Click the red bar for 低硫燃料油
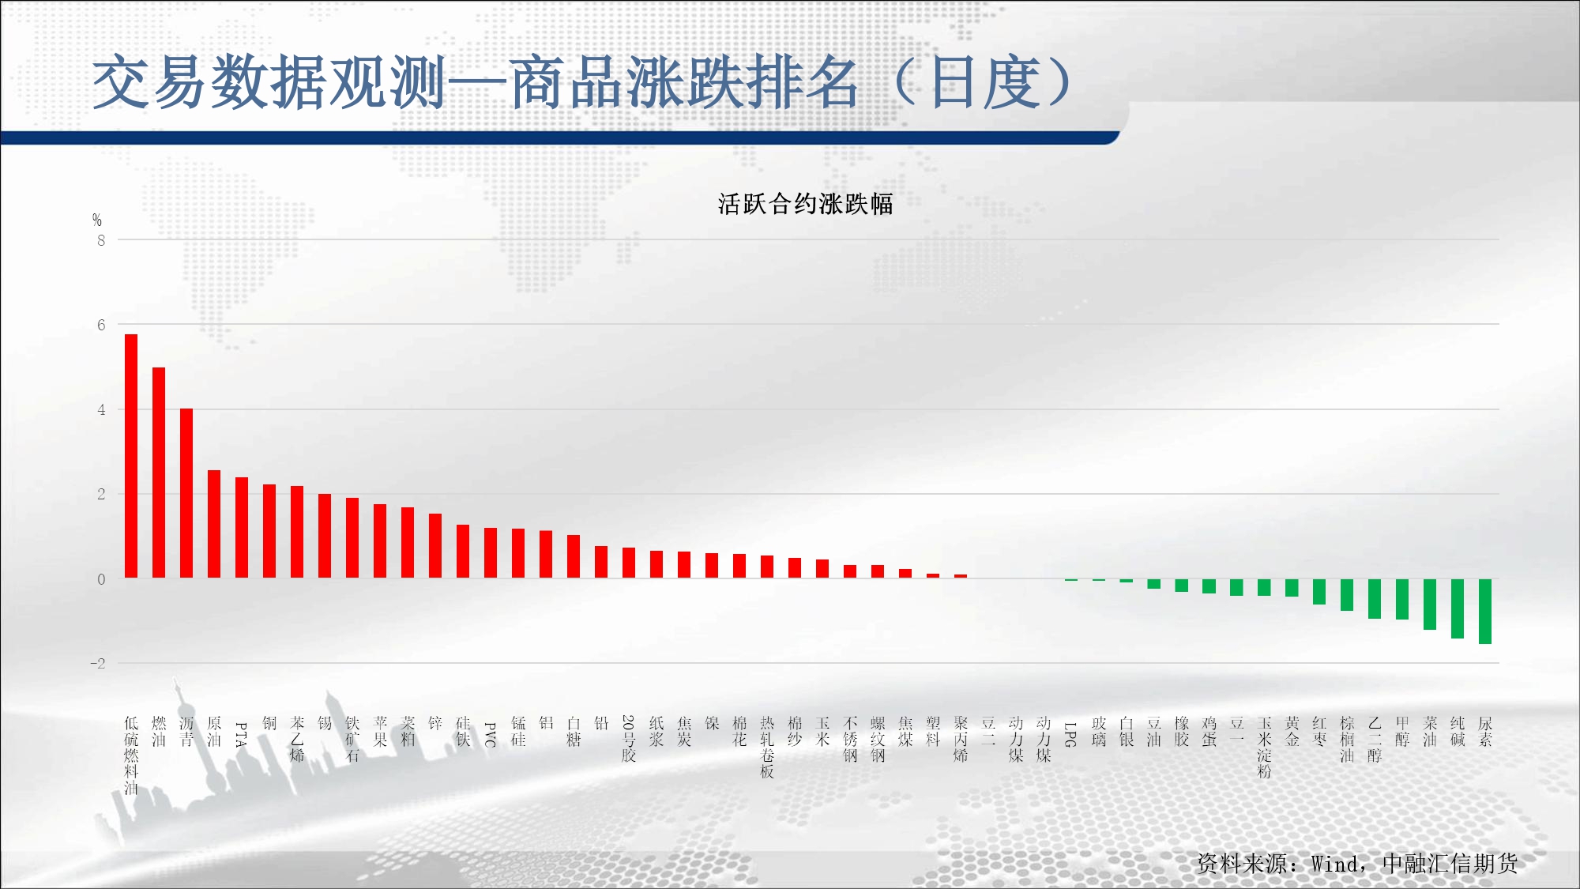pos(131,456)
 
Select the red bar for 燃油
pos(159,473)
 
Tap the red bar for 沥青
pos(186,493)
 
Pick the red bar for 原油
pos(214,524)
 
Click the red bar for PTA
pos(242,528)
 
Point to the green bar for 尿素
pos(1485,612)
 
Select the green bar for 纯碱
pos(1458,608)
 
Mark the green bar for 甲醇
pos(1402,599)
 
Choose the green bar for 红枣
pos(1319,592)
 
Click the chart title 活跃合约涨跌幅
pos(805,204)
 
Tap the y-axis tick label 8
pos(101,240)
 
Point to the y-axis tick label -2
pos(98,664)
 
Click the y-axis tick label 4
pos(101,409)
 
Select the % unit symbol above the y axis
pos(97,220)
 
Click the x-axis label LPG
pos(1070,734)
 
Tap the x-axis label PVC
pos(491,734)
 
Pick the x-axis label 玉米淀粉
pos(1264,747)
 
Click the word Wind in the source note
pos(1335,864)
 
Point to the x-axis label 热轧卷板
pos(767,747)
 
